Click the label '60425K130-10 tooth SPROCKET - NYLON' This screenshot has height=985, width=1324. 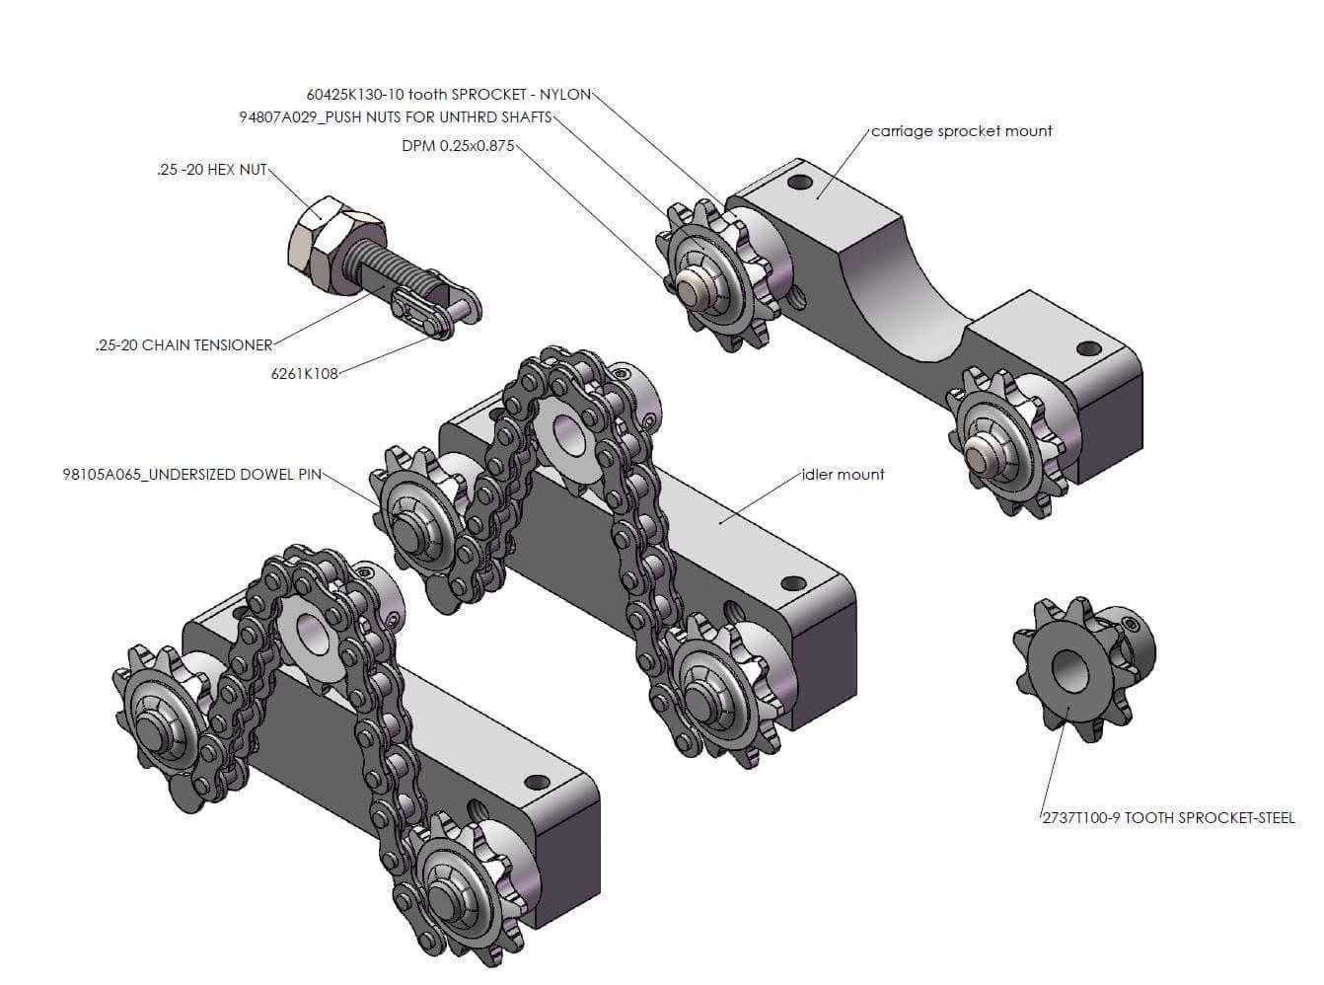pyautogui.click(x=448, y=95)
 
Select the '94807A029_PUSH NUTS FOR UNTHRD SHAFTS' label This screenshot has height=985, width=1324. pyautogui.click(x=396, y=117)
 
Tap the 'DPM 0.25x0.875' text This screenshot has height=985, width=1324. pyautogui.click(x=458, y=146)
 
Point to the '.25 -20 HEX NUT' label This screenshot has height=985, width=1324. pyautogui.click(x=212, y=170)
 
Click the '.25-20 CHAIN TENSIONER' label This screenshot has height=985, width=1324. pyautogui.click(x=184, y=345)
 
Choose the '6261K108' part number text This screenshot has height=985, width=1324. pyautogui.click(x=305, y=374)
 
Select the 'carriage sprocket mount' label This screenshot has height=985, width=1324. pyautogui.click(x=962, y=131)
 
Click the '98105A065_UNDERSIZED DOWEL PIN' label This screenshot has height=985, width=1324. pyautogui.click(x=192, y=475)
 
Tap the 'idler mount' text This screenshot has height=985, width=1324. pyautogui.click(x=843, y=475)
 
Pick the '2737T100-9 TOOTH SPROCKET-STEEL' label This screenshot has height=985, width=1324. pyautogui.click(x=1169, y=818)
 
